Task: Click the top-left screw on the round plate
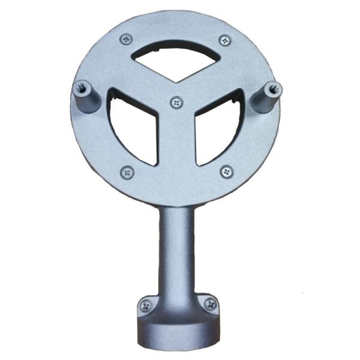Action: [125, 40]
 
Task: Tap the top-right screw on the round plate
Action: [225, 40]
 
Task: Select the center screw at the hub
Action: [176, 103]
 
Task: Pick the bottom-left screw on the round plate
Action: [127, 172]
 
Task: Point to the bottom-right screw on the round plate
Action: [226, 172]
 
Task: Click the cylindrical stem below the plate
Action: [176, 246]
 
